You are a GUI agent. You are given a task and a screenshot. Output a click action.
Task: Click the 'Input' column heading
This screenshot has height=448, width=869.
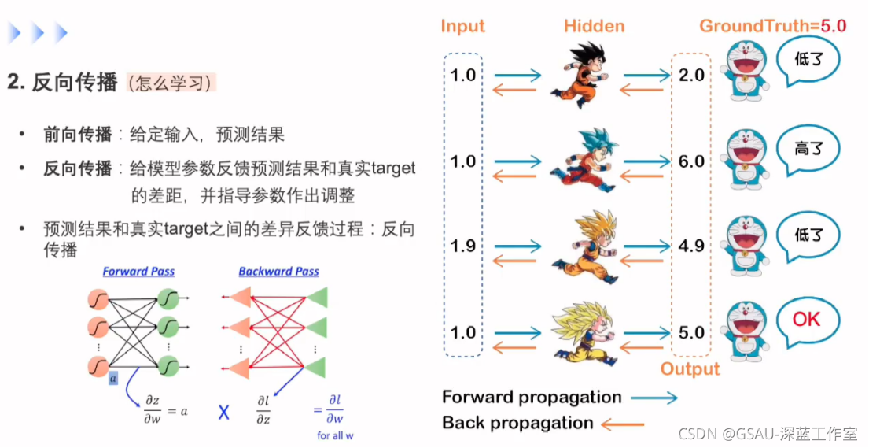click(x=462, y=26)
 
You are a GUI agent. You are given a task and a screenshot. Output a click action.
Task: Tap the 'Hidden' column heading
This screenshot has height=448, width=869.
click(x=594, y=26)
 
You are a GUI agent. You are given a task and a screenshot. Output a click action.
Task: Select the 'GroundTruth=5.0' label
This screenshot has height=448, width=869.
click(x=772, y=25)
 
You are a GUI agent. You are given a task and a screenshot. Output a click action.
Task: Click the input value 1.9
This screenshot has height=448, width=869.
click(x=462, y=246)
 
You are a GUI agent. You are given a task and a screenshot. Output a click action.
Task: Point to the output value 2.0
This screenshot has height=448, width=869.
click(x=691, y=75)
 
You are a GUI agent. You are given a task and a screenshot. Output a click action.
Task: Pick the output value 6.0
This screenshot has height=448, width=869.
click(x=691, y=161)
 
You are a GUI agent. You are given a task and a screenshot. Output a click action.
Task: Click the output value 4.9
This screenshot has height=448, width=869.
click(x=691, y=246)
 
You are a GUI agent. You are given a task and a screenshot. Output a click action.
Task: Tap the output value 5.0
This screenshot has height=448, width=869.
click(x=691, y=332)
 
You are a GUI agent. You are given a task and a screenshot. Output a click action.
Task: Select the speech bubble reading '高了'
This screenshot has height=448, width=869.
click(x=807, y=149)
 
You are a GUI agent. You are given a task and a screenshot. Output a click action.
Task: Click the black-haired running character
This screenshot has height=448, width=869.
click(x=579, y=76)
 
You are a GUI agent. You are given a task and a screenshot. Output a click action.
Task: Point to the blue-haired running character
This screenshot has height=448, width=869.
click(x=579, y=161)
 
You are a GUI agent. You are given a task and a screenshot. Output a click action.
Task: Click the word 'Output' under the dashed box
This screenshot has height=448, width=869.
click(x=690, y=369)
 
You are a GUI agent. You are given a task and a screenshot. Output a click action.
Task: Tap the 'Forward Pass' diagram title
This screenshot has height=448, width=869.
click(x=138, y=272)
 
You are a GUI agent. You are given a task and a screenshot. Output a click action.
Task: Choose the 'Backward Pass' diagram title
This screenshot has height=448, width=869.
click(x=278, y=272)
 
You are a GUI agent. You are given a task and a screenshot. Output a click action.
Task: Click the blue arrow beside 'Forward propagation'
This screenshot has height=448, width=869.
click(x=654, y=398)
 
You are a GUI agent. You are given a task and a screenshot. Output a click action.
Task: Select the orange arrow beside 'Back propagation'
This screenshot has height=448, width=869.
click(x=623, y=424)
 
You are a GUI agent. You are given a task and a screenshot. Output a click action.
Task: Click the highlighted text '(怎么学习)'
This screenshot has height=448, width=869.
click(x=171, y=83)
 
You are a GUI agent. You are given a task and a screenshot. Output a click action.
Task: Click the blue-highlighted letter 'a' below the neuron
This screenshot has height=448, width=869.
click(x=113, y=379)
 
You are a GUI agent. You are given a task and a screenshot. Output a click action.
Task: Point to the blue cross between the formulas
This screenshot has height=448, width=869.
click(x=224, y=412)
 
